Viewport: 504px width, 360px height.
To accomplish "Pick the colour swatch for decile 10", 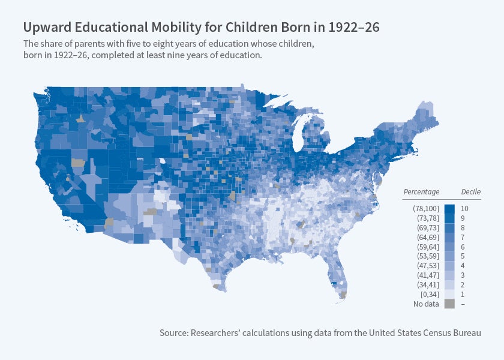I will [x=449, y=208].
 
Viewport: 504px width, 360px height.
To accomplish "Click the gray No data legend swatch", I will [x=449, y=304].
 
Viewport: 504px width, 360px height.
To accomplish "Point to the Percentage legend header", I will [x=421, y=192].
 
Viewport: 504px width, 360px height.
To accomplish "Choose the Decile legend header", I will [x=470, y=192].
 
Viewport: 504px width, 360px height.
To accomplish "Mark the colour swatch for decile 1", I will [x=449, y=294].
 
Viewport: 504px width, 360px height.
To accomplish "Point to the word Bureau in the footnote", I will [x=466, y=332].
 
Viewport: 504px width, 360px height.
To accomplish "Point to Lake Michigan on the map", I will [x=298, y=134].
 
